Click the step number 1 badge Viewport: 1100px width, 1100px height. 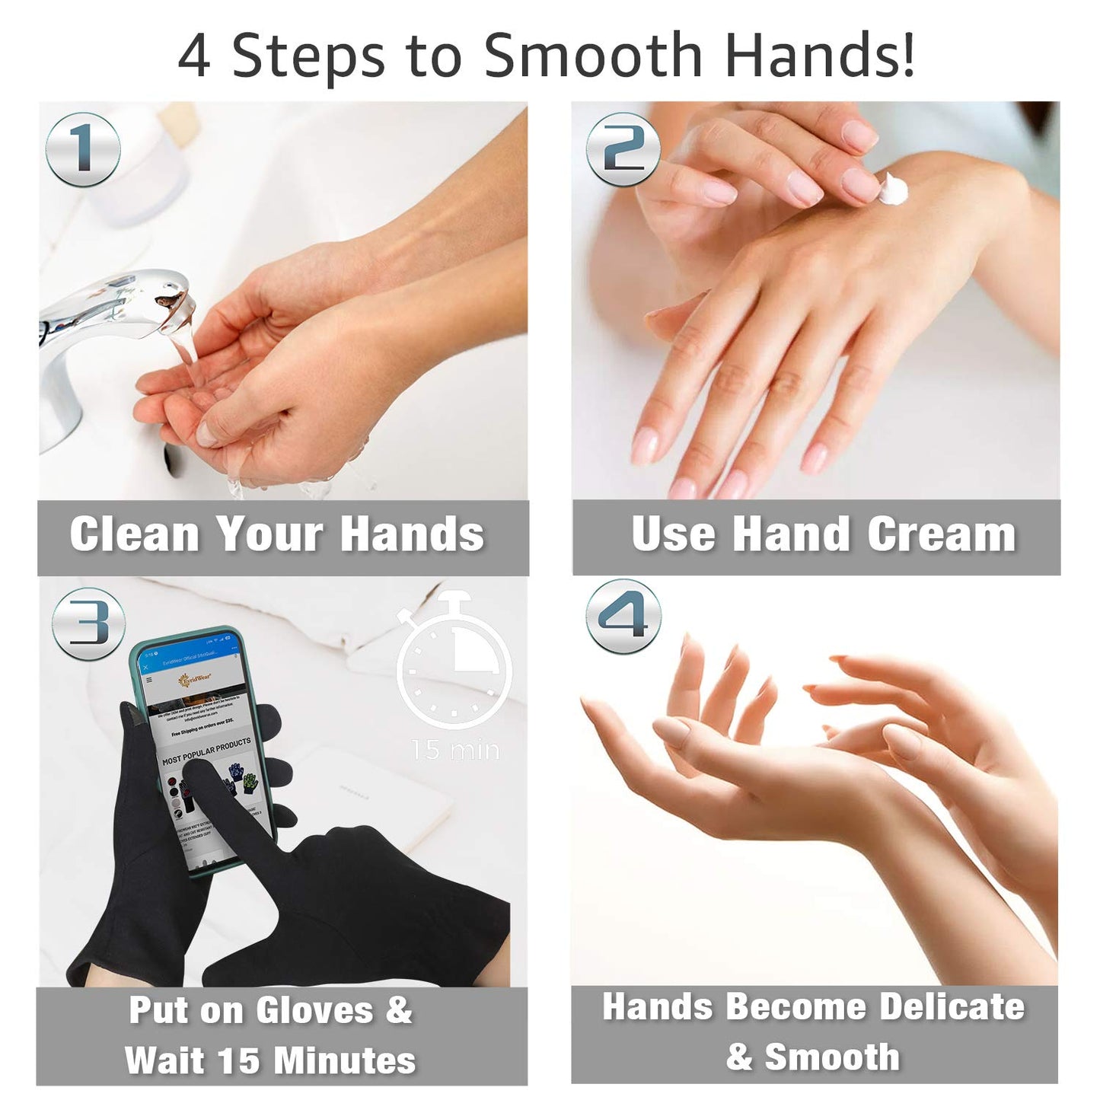(x=83, y=149)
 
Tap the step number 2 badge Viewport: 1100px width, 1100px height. (x=623, y=149)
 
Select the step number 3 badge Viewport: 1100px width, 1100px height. (x=89, y=623)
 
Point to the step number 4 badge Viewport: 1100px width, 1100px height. (x=623, y=616)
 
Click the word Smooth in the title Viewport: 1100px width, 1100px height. (x=592, y=56)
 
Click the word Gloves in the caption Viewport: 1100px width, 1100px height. (x=314, y=1010)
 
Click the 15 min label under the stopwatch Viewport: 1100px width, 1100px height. (x=455, y=751)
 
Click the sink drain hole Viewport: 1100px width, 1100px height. (x=174, y=461)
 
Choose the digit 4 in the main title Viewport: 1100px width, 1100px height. (x=193, y=56)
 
